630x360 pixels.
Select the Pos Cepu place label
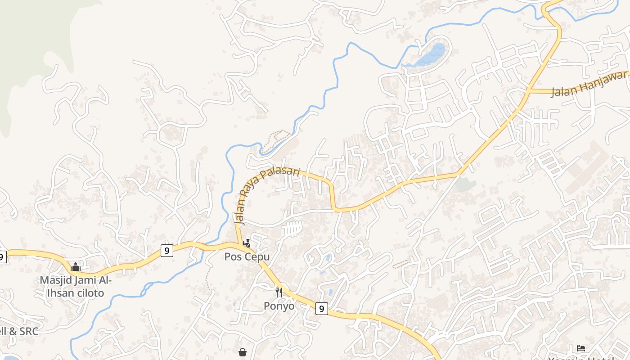[x=247, y=257]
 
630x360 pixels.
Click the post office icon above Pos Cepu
[x=247, y=243]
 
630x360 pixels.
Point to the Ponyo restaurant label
[x=279, y=306]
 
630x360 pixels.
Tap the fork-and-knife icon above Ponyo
[x=279, y=292]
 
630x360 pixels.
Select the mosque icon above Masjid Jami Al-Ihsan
[x=76, y=267]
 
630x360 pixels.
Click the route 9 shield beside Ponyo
[x=321, y=309]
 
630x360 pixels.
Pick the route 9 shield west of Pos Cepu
[x=166, y=250]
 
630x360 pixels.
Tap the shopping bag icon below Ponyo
[x=243, y=352]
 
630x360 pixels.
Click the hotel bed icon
[x=581, y=348]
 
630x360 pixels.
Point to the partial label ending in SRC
[x=19, y=332]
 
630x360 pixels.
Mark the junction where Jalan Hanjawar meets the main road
[x=530, y=91]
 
